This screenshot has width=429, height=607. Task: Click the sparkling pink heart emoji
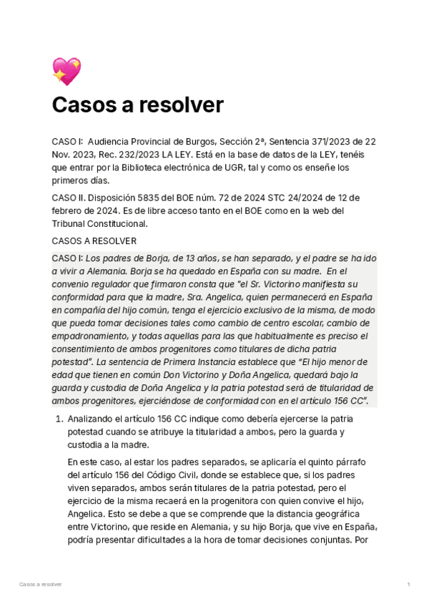click(x=66, y=72)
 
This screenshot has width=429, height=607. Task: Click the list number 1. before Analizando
click(x=59, y=419)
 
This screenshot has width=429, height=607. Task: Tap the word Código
click(x=170, y=475)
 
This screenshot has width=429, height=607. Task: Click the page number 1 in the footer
click(x=408, y=585)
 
